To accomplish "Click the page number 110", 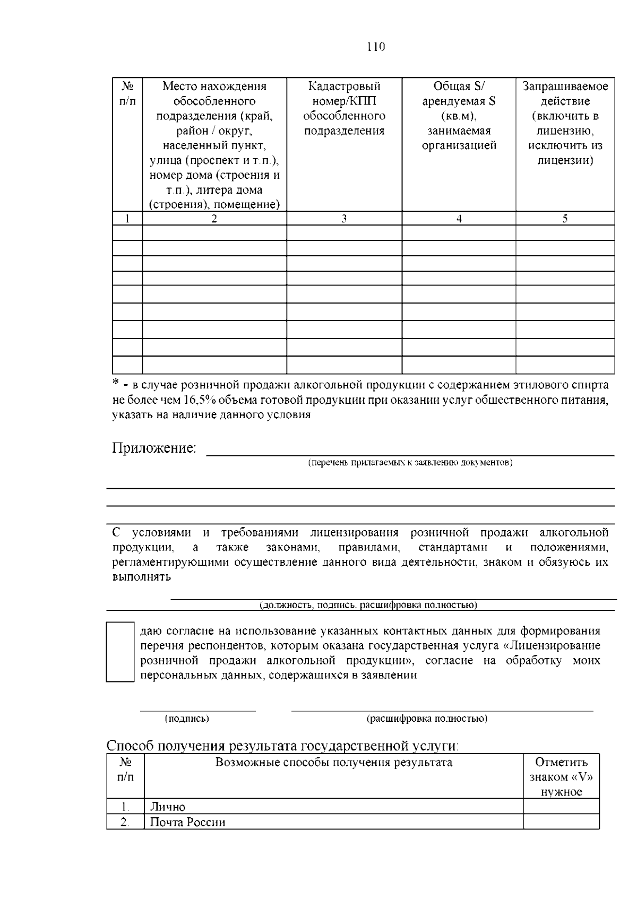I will click(x=376, y=47).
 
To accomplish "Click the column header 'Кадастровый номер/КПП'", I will click(x=344, y=108).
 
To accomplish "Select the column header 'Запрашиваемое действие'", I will click(x=565, y=123).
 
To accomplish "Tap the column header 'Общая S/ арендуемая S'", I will click(x=459, y=116).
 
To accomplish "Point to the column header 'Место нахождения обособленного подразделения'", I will click(x=214, y=145).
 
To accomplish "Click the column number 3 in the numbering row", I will click(x=344, y=219).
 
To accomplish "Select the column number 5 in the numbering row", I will click(x=565, y=219).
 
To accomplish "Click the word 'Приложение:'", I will click(x=154, y=448).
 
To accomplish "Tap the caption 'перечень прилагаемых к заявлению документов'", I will click(x=410, y=463).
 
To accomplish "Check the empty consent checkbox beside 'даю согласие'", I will click(x=120, y=652).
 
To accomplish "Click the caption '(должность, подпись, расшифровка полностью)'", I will click(x=367, y=605).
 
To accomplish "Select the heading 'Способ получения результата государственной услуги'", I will click(x=282, y=745).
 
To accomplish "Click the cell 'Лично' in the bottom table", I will click(x=168, y=807).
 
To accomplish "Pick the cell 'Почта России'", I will click(x=187, y=823).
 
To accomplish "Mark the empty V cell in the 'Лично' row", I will click(x=561, y=807).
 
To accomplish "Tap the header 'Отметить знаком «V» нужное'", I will click(x=561, y=777).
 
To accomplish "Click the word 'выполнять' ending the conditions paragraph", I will click(x=141, y=577).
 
